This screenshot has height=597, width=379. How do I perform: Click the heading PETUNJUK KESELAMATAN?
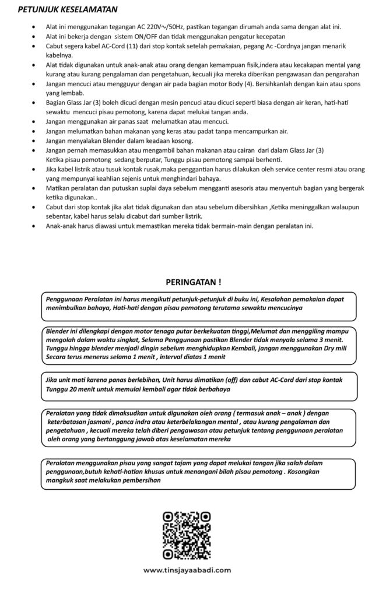(68, 10)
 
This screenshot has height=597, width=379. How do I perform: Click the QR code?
(187, 535)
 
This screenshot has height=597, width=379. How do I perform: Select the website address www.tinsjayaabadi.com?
(187, 570)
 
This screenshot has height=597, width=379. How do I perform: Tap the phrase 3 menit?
(329, 339)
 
